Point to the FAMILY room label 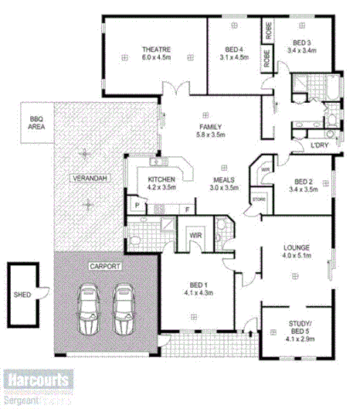click(210, 127)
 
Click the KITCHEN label click(161, 179)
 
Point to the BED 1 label click(195, 285)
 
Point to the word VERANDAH click(88, 179)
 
